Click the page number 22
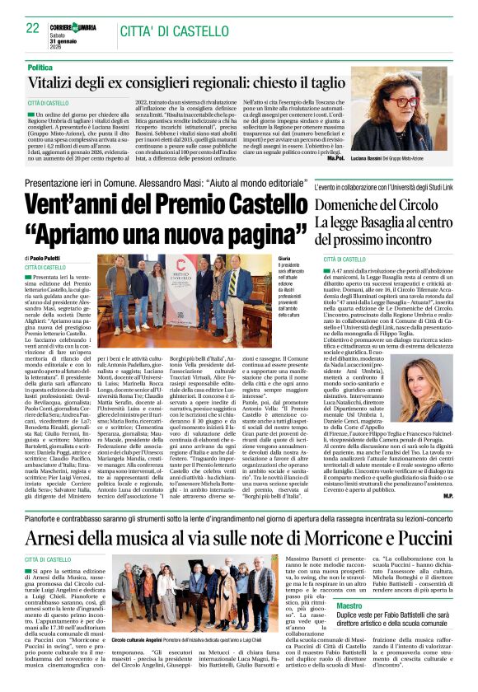click(x=33, y=27)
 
